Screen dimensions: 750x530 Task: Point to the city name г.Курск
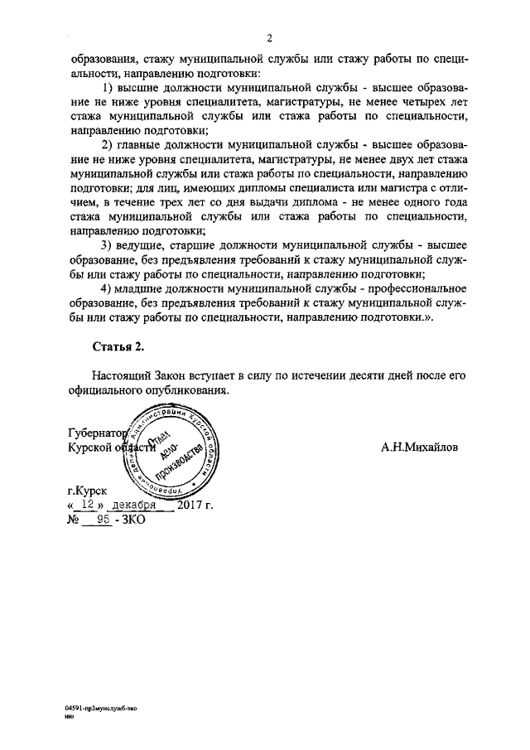87,491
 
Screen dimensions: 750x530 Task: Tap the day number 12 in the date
85,505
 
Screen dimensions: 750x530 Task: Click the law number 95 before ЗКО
104,520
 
